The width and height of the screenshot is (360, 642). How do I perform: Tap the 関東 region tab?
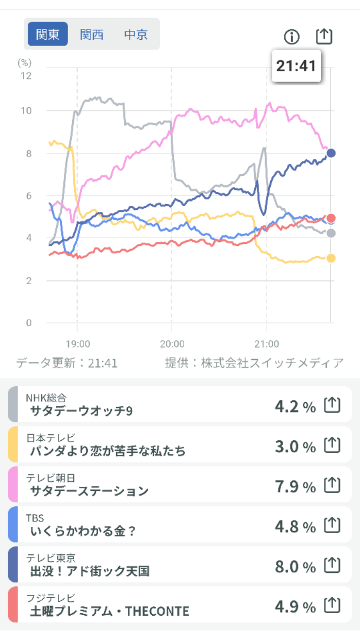pyautogui.click(x=47, y=35)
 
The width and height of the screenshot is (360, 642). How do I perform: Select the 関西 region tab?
pyautogui.click(x=92, y=35)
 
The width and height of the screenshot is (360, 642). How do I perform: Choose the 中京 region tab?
pyautogui.click(x=136, y=35)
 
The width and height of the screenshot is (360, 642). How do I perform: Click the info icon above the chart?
pyautogui.click(x=292, y=37)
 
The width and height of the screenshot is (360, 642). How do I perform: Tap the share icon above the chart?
pyautogui.click(x=324, y=36)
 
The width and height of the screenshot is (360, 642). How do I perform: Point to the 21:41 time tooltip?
pyautogui.click(x=296, y=65)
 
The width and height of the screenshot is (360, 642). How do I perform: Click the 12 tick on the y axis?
pyautogui.click(x=25, y=76)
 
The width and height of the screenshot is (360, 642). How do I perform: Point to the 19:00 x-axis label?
pyautogui.click(x=78, y=344)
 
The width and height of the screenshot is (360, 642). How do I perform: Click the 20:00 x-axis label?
pyautogui.click(x=172, y=344)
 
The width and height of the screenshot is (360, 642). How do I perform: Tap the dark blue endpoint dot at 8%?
pyautogui.click(x=331, y=153)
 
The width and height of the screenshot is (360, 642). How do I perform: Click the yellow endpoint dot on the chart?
pyautogui.click(x=331, y=258)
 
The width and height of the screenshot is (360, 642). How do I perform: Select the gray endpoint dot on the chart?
pyautogui.click(x=331, y=234)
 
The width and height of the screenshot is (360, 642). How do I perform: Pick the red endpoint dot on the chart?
pyautogui.click(x=331, y=218)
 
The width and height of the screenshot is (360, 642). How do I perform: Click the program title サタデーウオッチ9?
pyautogui.click(x=81, y=411)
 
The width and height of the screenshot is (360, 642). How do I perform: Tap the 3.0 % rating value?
pyautogui.click(x=295, y=447)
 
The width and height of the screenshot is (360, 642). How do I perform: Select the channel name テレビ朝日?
pyautogui.click(x=51, y=478)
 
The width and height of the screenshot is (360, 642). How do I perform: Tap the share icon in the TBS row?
pyautogui.click(x=333, y=526)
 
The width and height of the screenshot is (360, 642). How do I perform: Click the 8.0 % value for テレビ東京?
pyautogui.click(x=295, y=567)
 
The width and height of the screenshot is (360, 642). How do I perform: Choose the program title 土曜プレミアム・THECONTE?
pyautogui.click(x=109, y=612)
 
